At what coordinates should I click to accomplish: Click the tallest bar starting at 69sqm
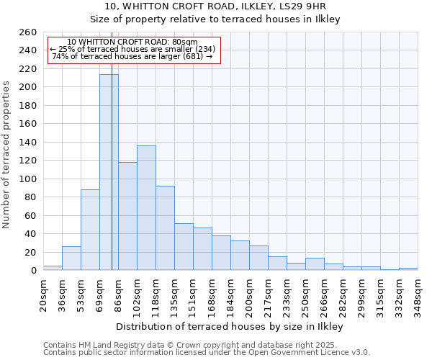[109, 173]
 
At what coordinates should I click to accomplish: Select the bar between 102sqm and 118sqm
[146, 208]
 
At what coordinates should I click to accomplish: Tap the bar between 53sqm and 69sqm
[90, 230]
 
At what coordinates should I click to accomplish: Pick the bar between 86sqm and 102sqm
[127, 216]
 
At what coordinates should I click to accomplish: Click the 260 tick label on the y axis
[28, 32]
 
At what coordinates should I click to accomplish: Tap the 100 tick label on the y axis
[28, 179]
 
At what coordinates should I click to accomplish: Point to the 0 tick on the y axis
[34, 271]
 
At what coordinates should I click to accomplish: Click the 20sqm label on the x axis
[44, 291]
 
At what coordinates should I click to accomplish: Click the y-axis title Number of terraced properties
[6, 155]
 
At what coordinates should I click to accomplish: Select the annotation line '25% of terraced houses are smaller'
[132, 49]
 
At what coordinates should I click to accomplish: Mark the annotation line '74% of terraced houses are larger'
[132, 56]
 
